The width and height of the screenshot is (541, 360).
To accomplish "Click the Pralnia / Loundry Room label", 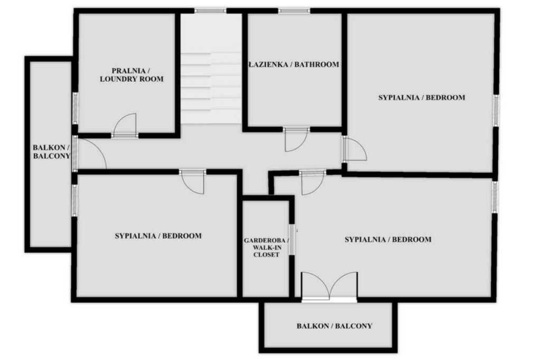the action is (132, 75).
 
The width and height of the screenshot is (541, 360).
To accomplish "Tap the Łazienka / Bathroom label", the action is (294, 64).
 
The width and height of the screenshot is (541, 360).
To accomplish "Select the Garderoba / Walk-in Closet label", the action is (266, 248).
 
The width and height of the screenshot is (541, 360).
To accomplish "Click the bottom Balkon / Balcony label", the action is (334, 326).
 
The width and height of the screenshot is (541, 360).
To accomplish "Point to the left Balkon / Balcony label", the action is (51, 151).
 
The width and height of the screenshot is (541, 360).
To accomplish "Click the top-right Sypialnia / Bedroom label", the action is (422, 98).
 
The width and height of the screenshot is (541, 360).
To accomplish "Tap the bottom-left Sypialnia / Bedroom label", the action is (158, 236).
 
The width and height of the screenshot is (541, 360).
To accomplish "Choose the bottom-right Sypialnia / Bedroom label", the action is (388, 239).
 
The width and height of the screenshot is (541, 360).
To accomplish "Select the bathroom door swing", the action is (296, 140).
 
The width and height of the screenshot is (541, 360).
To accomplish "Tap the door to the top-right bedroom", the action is (355, 149).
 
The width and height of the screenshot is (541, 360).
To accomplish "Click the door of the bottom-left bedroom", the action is (192, 182).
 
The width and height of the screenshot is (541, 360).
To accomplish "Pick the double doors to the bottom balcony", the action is (329, 286).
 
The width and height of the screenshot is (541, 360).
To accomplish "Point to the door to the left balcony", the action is (90, 154).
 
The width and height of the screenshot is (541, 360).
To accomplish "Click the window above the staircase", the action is (210, 11).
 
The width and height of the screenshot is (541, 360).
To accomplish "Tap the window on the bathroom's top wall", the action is (294, 11).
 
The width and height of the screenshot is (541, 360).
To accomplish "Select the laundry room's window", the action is (75, 108).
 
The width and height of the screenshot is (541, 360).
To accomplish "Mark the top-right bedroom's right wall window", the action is (496, 110).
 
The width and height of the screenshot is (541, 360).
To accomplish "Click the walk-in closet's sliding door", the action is (292, 240).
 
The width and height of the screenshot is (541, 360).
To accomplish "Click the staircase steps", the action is (211, 88).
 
